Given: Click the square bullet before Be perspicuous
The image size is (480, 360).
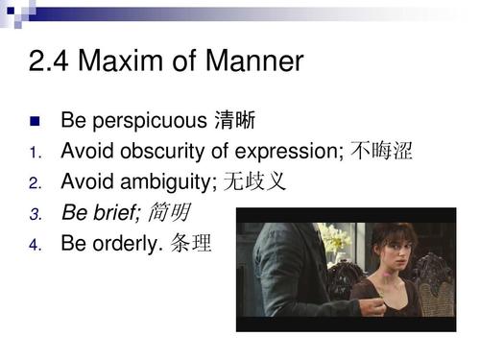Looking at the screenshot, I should (x=35, y=122).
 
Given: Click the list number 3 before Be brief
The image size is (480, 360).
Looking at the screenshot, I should (x=34, y=213).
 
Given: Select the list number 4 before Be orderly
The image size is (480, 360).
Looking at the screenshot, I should (x=34, y=244).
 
